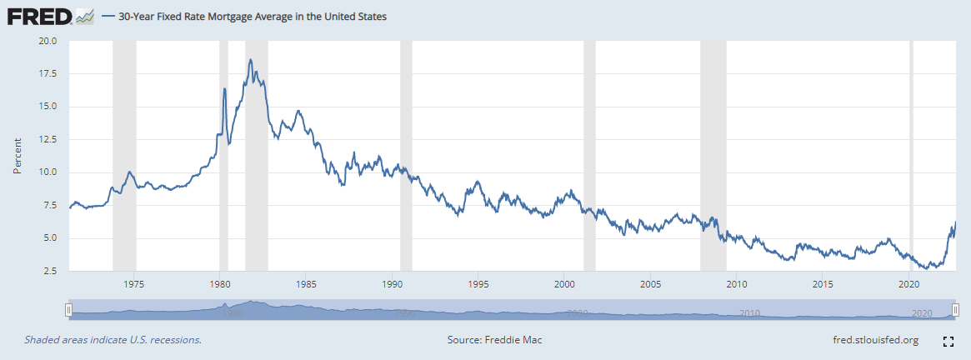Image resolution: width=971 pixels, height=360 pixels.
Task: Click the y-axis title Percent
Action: (x=18, y=157)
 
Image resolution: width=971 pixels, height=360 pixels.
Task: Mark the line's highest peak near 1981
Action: (x=250, y=60)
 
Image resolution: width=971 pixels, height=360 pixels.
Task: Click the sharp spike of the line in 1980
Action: (x=224, y=88)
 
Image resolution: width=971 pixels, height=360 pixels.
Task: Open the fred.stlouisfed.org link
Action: (x=875, y=340)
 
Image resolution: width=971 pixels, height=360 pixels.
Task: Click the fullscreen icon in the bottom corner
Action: (x=948, y=341)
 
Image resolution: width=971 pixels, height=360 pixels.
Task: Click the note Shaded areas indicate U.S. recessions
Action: (x=113, y=340)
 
